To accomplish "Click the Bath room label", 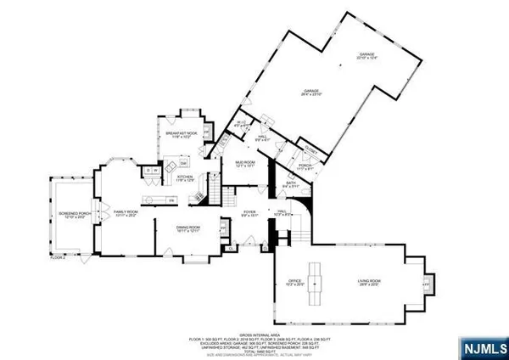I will click(289, 183).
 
